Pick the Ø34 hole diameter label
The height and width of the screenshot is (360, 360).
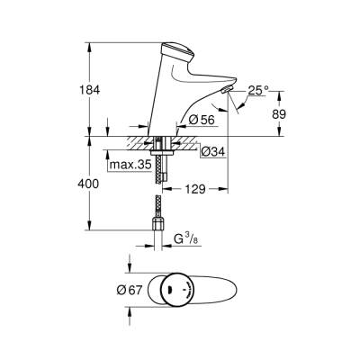pyautogui.click(x=211, y=149)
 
